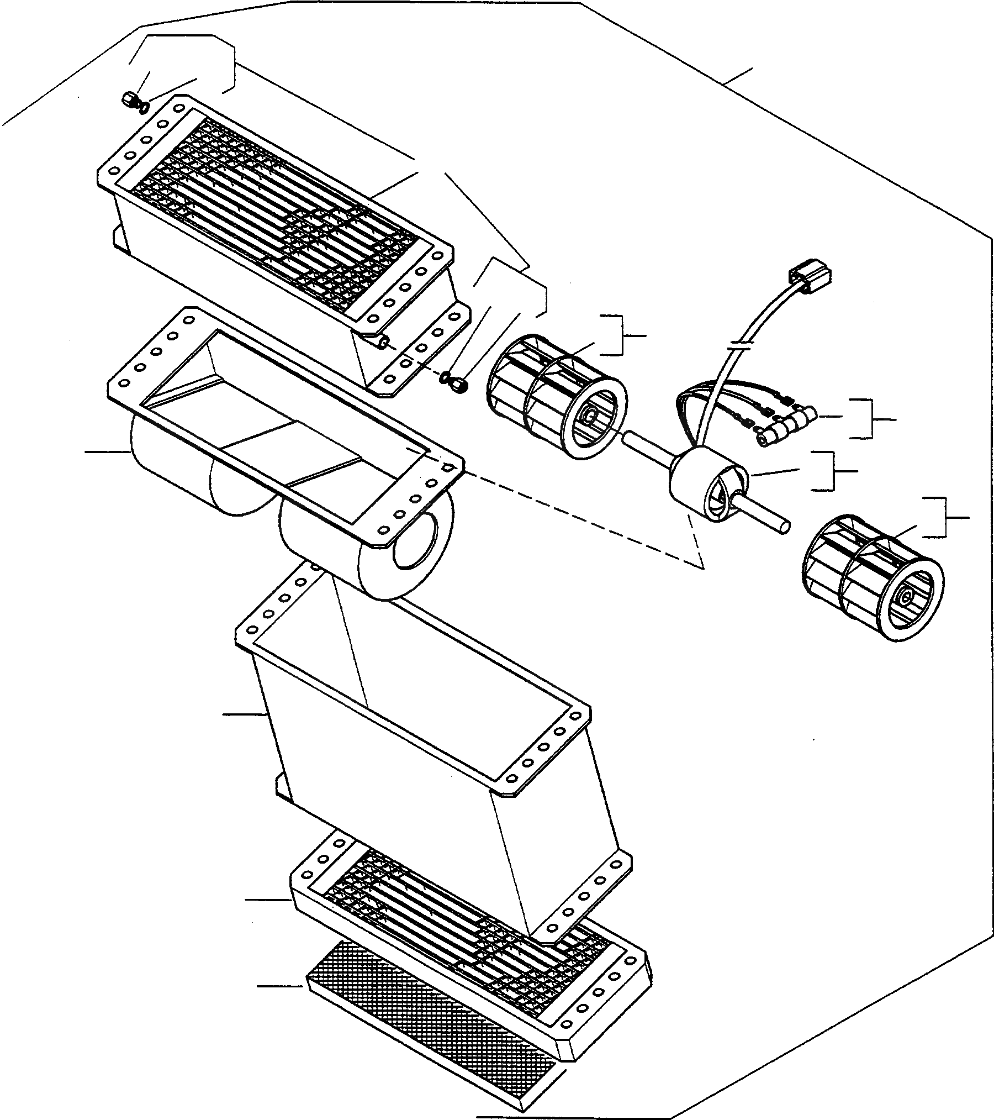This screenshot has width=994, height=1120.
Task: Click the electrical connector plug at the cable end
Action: (x=811, y=276)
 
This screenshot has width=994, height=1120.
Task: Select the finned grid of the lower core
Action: (x=469, y=934)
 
